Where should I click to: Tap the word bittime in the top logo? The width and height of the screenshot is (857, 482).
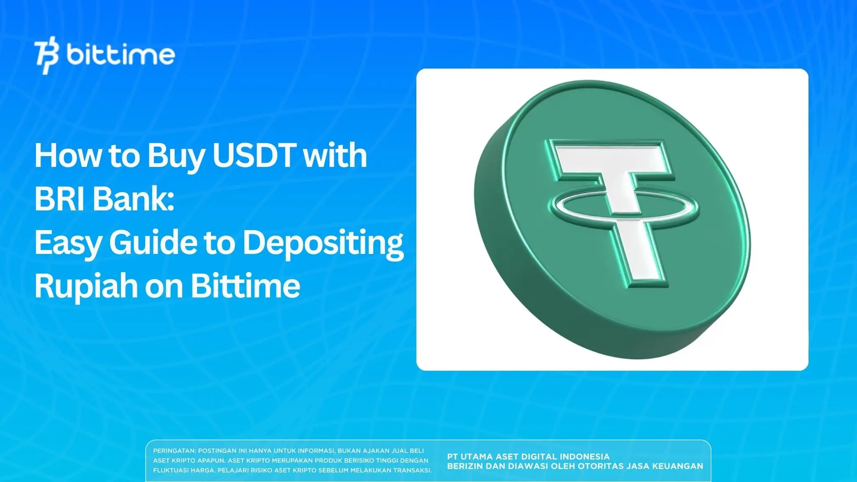121,55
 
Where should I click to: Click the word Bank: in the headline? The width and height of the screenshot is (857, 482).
133,199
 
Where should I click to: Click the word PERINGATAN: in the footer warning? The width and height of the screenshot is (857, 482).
174,451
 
